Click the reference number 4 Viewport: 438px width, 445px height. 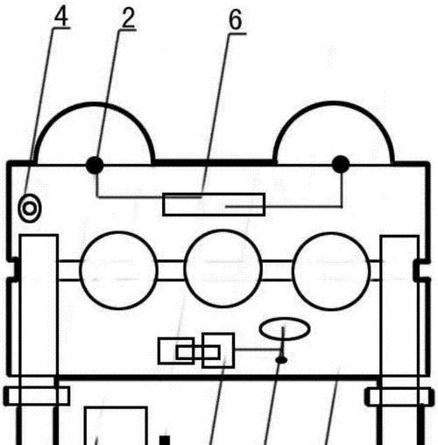click(x=61, y=17)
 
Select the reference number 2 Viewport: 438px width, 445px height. click(x=128, y=18)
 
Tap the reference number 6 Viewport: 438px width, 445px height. click(x=236, y=20)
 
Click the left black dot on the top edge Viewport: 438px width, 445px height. click(x=95, y=165)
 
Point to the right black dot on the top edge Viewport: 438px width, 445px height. click(x=341, y=164)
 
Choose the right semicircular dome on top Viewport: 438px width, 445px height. click(x=334, y=102)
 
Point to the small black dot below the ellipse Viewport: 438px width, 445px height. click(x=281, y=360)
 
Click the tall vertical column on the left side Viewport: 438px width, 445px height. click(x=20, y=307)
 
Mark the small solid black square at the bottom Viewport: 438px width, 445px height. click(x=165, y=441)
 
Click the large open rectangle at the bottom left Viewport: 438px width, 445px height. click(x=116, y=407)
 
